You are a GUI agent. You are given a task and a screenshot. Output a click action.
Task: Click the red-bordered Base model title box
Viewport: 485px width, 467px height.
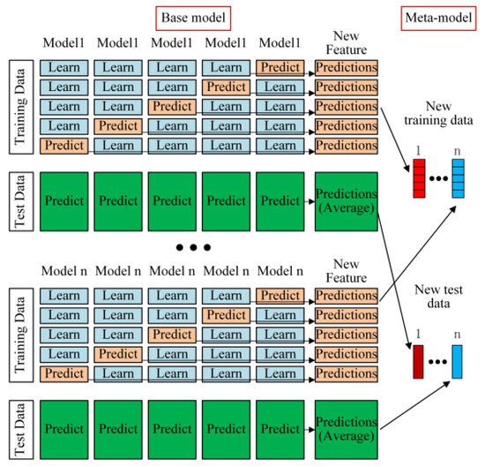coord(193,19)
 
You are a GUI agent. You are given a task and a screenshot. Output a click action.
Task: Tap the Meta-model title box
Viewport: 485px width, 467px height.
coord(438,19)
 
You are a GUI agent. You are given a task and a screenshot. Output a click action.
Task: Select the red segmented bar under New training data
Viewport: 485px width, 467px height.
coord(419,178)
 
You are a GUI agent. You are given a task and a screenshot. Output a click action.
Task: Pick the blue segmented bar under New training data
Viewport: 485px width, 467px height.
coord(458,178)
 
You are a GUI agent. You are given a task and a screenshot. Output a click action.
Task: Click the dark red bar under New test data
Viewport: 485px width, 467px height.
coord(418,362)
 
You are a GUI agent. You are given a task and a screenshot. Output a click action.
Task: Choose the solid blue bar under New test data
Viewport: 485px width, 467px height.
coord(457,362)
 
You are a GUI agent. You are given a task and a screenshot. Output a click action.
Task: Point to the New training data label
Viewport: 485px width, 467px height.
coord(438,113)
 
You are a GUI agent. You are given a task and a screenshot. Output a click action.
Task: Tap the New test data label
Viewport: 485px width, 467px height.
coord(438,297)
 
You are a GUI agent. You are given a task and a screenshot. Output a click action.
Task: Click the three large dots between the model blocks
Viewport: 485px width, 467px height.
coord(193,247)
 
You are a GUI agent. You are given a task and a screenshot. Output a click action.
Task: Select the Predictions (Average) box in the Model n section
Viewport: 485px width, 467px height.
coord(347,430)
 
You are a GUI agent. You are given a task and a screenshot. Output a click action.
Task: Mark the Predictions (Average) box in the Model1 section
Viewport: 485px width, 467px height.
coord(347,201)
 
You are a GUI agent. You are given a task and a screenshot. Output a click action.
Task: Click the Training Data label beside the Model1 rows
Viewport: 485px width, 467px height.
coord(21,107)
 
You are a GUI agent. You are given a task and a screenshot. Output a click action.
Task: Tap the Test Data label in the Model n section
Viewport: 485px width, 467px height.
coord(21,430)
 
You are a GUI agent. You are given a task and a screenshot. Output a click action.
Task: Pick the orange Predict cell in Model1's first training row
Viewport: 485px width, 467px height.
coord(280,68)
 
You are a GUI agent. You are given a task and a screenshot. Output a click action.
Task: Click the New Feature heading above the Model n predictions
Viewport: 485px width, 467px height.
coord(347,271)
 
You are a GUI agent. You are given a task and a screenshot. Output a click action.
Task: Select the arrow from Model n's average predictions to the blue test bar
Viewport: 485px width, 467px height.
coord(415,405)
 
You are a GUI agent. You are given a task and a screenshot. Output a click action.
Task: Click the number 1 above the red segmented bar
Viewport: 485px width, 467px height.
coord(419,151)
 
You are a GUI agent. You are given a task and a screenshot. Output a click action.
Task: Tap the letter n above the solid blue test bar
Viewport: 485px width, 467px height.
coord(457,335)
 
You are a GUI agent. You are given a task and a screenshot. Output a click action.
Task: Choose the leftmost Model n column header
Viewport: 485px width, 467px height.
coord(64,271)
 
